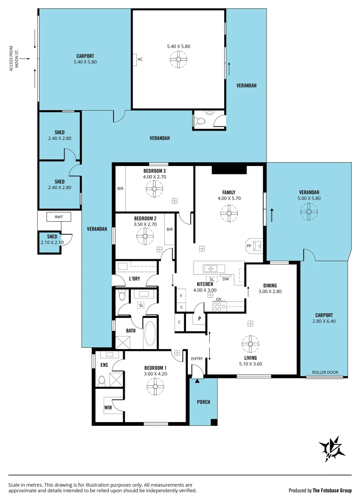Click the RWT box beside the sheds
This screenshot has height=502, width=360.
tap(59, 217)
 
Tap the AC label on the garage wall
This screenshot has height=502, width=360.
tap(140, 59)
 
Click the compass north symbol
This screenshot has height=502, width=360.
tap(332, 449)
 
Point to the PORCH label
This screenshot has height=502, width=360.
tap(204, 402)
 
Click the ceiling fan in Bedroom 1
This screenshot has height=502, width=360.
tap(154, 385)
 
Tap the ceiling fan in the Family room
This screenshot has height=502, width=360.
tap(229, 213)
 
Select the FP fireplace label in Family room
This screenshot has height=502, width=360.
tap(248, 245)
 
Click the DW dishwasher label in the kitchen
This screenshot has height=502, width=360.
tap(225, 279)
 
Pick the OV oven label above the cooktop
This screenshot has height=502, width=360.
tap(219, 299)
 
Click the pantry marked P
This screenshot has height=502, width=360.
tap(200, 319)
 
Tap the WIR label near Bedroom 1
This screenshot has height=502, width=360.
tap(108, 408)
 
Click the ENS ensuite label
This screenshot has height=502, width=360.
tap(104, 365)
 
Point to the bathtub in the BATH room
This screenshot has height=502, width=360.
tap(150, 333)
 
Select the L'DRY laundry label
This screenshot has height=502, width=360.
tap(134, 278)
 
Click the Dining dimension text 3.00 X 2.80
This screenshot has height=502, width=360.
tap(270, 292)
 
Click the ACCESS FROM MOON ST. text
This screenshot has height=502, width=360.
tap(14, 59)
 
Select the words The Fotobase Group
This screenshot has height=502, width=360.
tap(332, 490)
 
